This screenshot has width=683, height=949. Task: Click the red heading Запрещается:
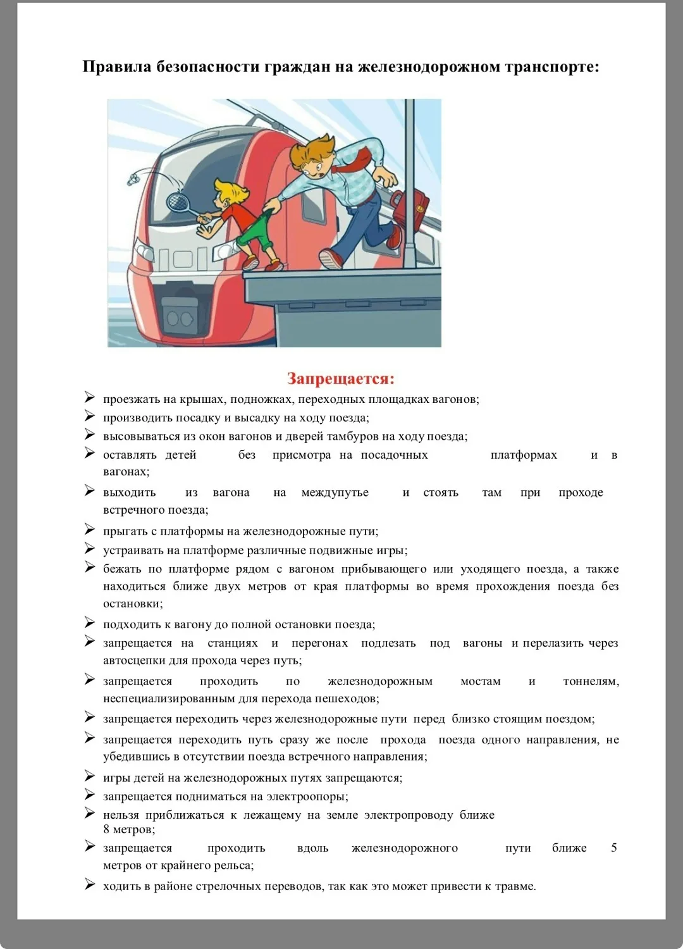coord(341,378)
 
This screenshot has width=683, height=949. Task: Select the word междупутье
coord(335,493)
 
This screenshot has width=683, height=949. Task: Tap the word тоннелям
coord(591,681)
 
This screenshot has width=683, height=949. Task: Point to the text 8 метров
coord(128,829)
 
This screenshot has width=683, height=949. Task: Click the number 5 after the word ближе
coord(613,848)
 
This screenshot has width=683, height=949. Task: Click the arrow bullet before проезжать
coord(90,397)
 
